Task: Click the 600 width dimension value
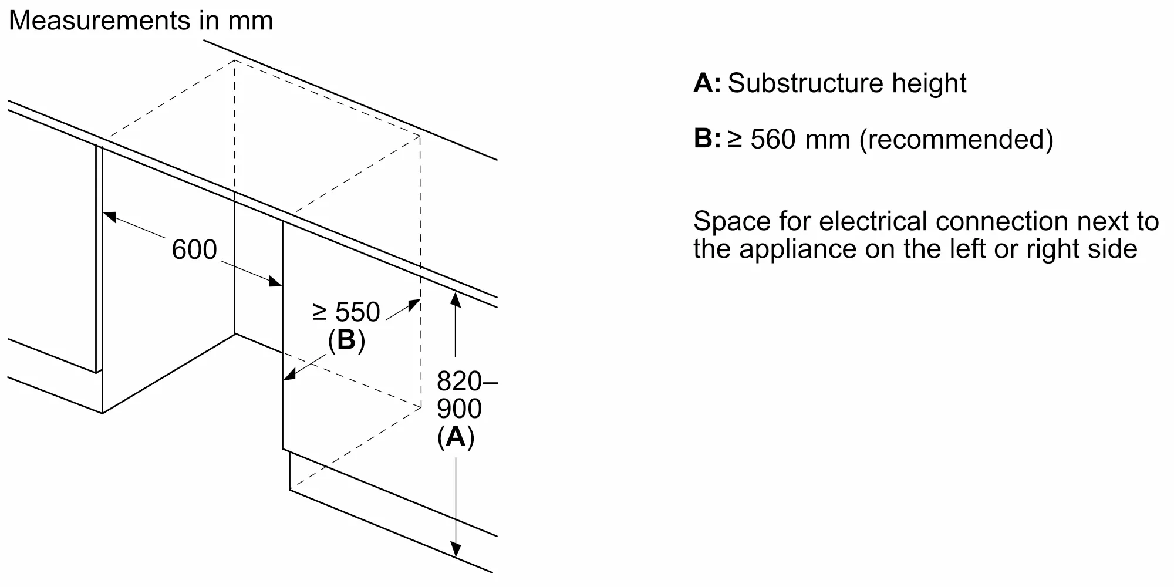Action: pos(194,249)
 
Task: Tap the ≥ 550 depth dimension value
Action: pos(346,312)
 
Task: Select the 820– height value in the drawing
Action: pos(466,382)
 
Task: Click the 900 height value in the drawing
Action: pos(459,409)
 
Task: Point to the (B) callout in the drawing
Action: pos(346,340)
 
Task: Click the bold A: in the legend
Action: pos(707,83)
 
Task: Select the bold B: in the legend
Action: pos(707,139)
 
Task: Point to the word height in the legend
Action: pos(929,83)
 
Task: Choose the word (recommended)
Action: pos(956,140)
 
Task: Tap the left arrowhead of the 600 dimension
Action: pos(110,215)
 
